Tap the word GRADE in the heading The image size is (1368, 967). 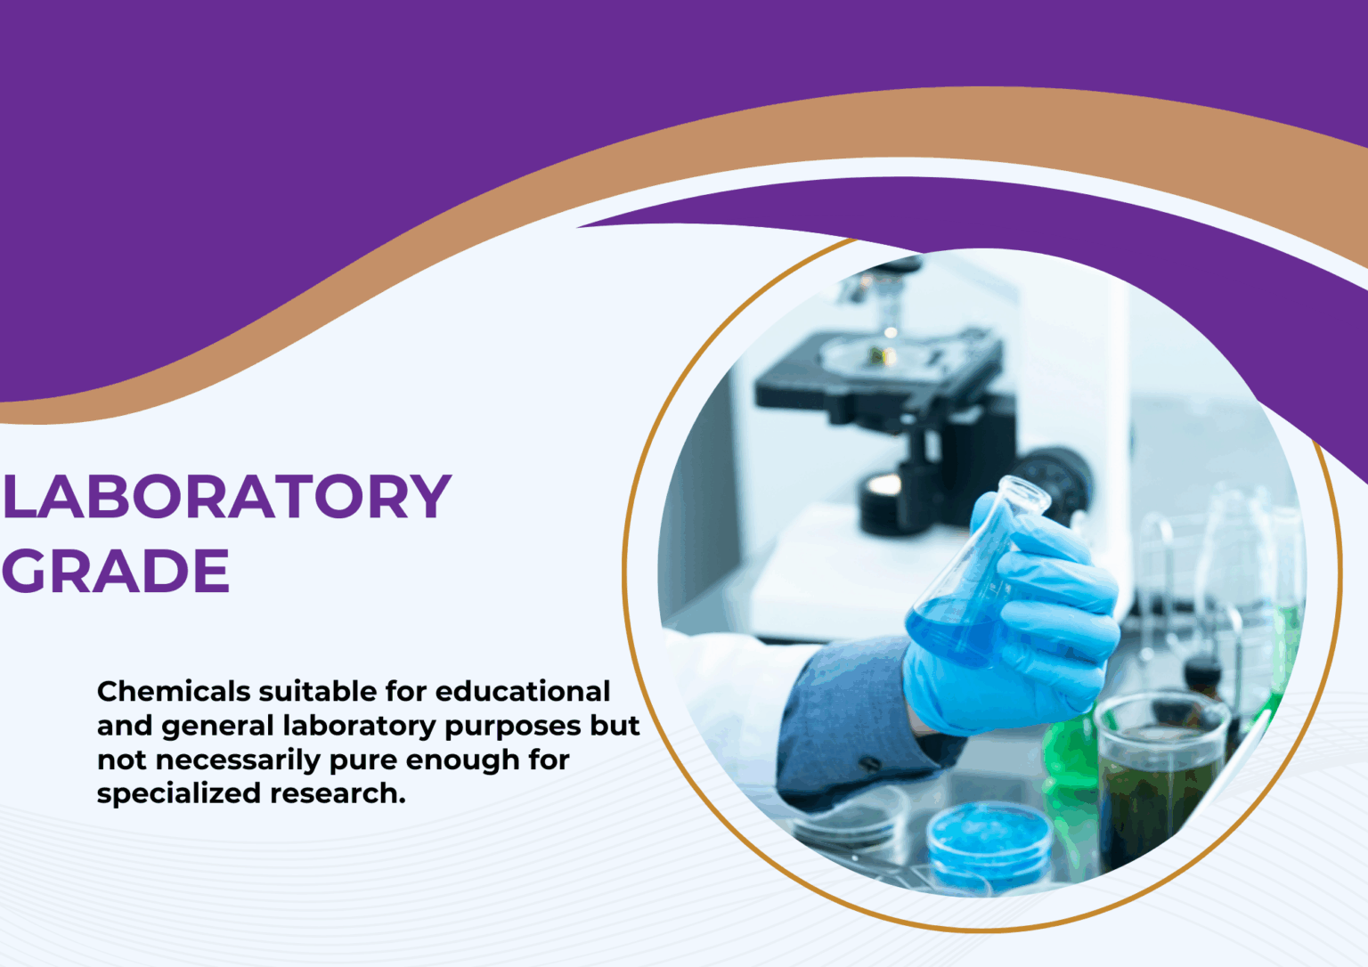click(116, 571)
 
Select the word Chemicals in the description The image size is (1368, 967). click(174, 691)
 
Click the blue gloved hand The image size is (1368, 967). click(1024, 623)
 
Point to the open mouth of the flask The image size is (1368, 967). click(1024, 494)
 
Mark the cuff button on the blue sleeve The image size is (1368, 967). click(869, 764)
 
